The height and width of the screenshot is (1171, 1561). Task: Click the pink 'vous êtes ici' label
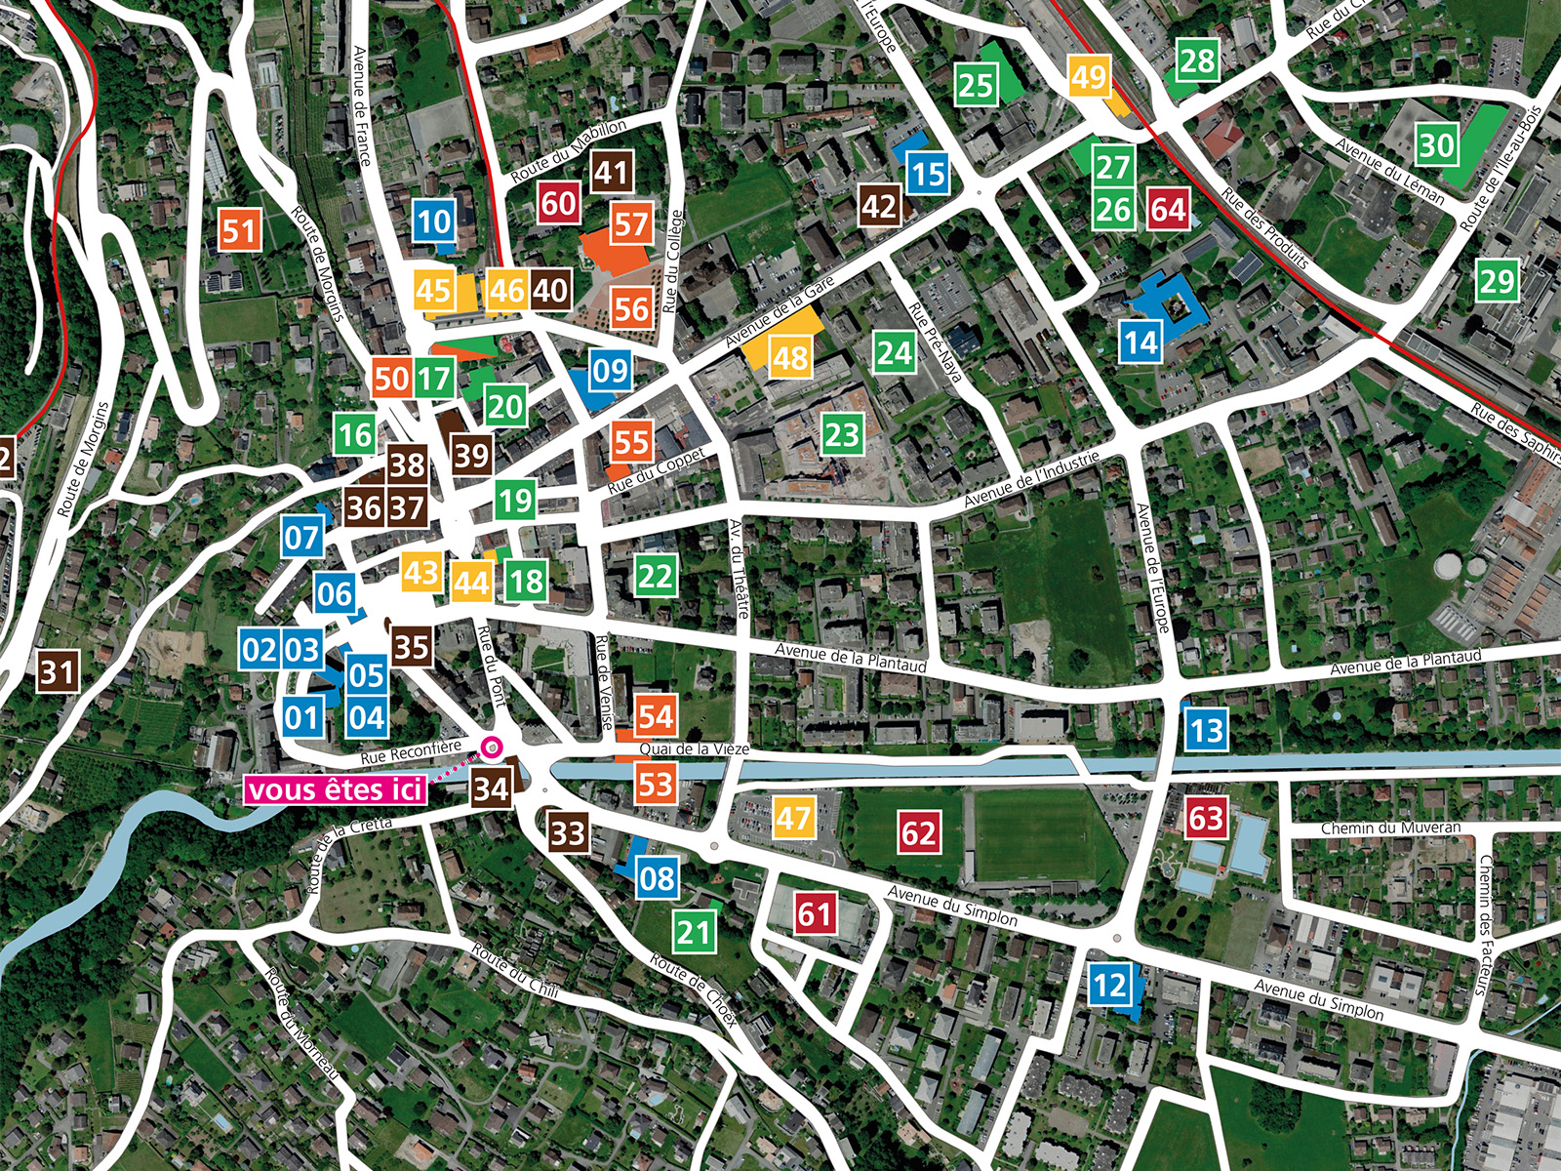[x=336, y=788]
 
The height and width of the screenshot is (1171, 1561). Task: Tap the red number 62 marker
[x=918, y=832]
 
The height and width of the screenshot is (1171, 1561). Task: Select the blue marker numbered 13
[x=1206, y=730]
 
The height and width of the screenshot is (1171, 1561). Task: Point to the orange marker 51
[x=240, y=231]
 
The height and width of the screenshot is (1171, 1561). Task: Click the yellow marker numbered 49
[x=1089, y=76]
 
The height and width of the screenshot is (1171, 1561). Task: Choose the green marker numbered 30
[x=1436, y=145]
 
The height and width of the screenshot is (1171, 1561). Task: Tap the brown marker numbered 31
[x=57, y=671]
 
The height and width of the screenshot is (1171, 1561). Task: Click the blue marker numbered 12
[x=1109, y=985]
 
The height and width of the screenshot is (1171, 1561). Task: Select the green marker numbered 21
[x=694, y=932]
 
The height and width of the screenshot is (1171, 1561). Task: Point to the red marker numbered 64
[x=1167, y=209]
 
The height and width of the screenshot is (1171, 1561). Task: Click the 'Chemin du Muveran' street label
[x=1390, y=828]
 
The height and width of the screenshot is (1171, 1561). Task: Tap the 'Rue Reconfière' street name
[x=411, y=752]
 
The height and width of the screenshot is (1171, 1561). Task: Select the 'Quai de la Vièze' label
[x=694, y=749]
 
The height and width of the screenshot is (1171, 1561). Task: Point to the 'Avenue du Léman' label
[x=1389, y=171]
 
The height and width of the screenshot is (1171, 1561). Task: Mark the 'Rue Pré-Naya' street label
[x=935, y=341]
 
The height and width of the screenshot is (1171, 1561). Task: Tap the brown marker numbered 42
[x=879, y=206]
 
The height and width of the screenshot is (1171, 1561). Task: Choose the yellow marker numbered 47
[x=793, y=817]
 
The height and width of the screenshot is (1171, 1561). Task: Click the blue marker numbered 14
[x=1140, y=343]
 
